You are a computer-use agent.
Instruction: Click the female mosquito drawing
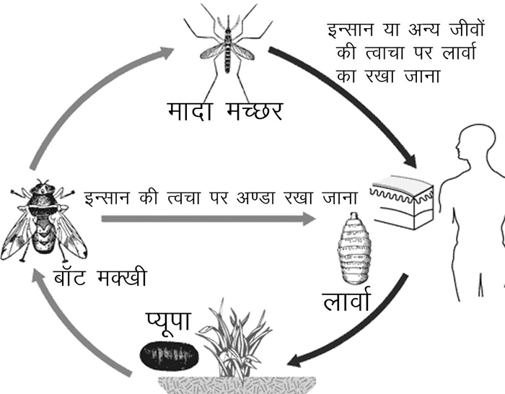tap(228, 51)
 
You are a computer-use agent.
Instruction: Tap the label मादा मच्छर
tap(225, 111)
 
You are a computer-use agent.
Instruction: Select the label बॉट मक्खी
tap(100, 276)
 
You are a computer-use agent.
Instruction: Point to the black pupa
tap(169, 355)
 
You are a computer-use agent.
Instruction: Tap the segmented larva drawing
tap(354, 249)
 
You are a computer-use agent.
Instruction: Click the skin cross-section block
tap(403, 202)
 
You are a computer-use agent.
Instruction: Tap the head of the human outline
tap(475, 143)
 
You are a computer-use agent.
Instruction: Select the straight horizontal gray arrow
tap(208, 219)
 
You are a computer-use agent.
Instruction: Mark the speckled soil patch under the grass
tap(237, 385)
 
